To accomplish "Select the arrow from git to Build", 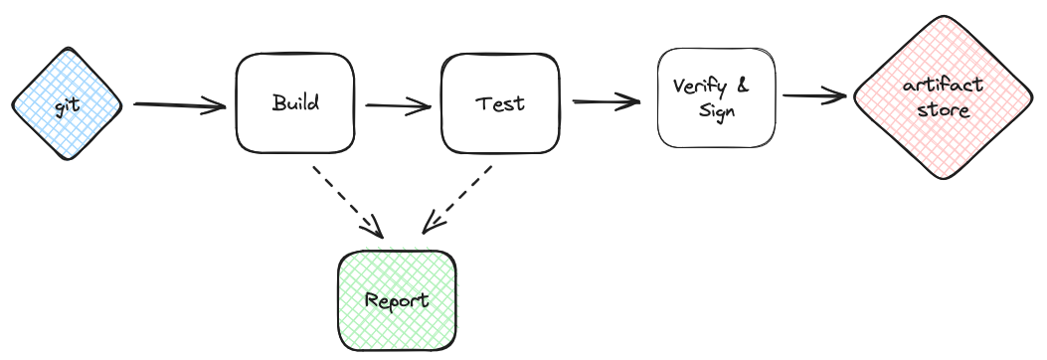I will coord(179,104).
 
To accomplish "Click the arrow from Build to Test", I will coord(398,104).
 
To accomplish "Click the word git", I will coord(67,103).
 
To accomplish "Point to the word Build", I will coord(294,102).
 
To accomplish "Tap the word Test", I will coord(500,103).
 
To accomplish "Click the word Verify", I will coord(700,87).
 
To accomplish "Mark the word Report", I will coord(398,300).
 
